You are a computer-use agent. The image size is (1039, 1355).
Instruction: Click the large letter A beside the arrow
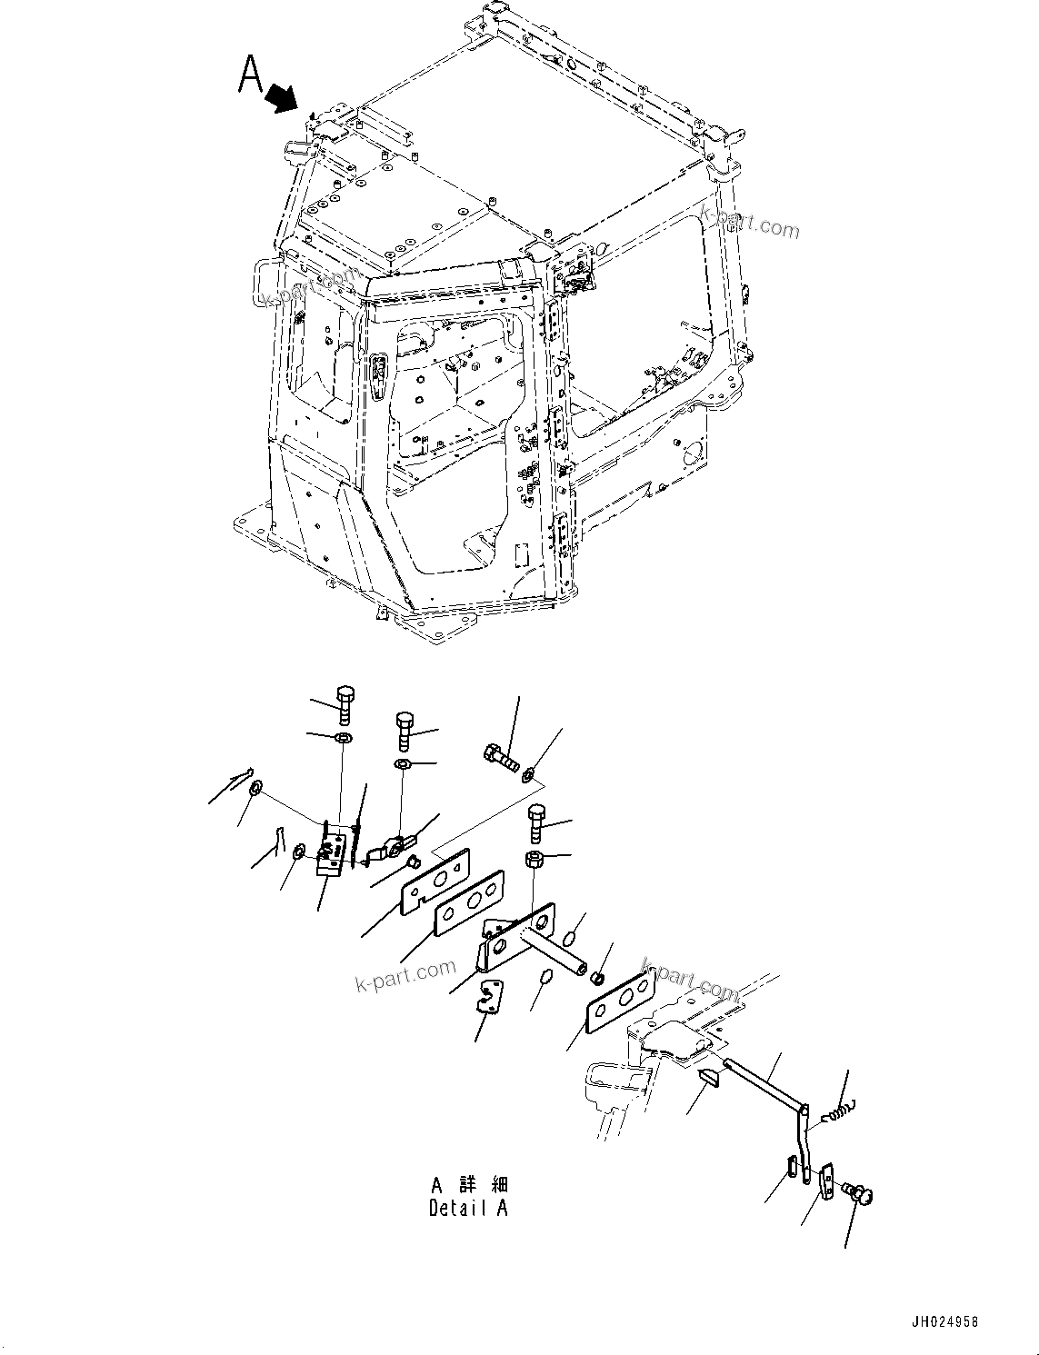point(250,74)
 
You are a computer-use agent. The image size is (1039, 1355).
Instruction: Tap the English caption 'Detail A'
point(468,1208)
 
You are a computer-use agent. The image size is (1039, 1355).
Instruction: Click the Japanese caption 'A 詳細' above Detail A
point(469,1184)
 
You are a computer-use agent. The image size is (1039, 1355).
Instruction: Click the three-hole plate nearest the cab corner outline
point(621,1001)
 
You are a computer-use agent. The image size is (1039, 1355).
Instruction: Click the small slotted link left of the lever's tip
point(791,1168)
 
